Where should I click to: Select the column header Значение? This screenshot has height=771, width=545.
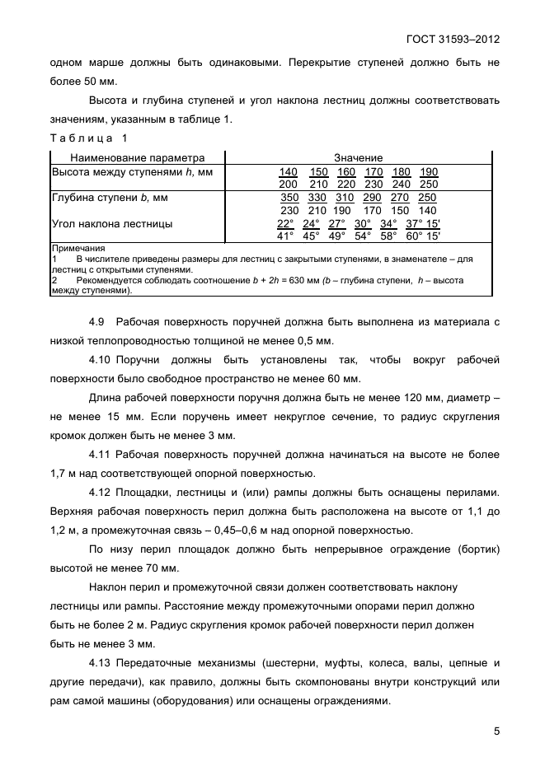coord(358,157)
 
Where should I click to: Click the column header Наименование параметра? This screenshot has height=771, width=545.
coord(137,157)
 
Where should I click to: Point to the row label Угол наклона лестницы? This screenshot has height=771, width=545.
coord(112,224)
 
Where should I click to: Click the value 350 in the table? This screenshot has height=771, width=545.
coord(289,198)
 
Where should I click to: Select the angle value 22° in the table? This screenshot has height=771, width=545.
coord(285,223)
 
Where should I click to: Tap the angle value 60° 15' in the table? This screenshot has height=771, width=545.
coord(423,236)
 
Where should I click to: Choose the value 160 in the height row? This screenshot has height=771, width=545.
coord(345,171)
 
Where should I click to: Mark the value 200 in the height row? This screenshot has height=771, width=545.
coord(289,184)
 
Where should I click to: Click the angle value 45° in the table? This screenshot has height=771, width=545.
coord(311,236)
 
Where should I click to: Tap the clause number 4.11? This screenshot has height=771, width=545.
coord(100,454)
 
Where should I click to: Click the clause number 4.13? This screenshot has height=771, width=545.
coord(100,662)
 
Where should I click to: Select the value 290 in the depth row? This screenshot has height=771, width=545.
coord(373,198)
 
